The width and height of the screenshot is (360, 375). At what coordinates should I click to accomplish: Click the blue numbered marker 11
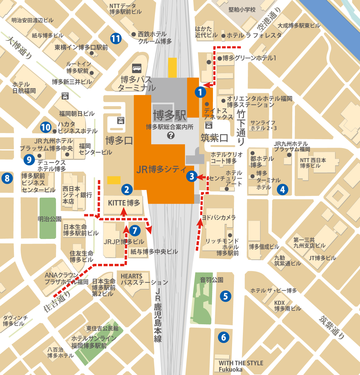tap(116, 39)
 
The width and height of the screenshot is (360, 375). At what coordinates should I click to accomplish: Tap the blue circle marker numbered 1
tap(200, 92)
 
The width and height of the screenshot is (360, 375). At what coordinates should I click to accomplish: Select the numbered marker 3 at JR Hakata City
tap(192, 176)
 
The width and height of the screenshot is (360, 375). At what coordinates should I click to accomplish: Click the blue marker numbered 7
tap(135, 231)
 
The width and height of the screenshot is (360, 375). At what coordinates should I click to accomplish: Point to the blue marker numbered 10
tap(46, 127)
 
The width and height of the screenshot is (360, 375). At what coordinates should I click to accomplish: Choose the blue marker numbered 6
tap(223, 337)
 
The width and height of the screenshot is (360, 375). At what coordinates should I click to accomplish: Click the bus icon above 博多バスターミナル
tap(137, 68)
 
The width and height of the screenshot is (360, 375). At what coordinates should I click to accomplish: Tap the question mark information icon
tap(171, 135)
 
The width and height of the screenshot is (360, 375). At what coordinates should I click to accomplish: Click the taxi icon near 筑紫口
tap(209, 125)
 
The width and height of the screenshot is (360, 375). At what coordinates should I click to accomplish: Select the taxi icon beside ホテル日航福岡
tap(65, 96)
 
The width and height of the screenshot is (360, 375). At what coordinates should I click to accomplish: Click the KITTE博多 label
tap(124, 203)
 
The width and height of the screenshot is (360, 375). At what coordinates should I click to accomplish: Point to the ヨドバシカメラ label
tap(219, 218)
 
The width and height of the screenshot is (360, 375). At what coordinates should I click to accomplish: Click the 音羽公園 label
tap(212, 280)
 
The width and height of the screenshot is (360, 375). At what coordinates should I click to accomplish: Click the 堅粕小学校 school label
tap(242, 10)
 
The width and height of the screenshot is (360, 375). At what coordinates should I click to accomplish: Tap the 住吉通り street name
tap(57, 302)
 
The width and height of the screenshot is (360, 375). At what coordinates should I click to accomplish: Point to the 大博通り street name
tap(19, 48)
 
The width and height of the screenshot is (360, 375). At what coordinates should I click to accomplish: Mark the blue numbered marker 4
tap(282, 190)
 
